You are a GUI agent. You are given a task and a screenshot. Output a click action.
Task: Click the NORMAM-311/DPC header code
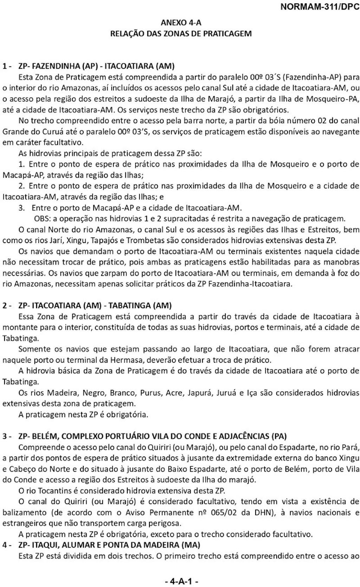click(320, 7)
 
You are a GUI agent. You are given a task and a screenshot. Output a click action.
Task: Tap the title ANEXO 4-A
click(181, 23)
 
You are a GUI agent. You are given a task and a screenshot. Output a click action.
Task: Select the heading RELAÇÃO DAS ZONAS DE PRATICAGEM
click(181, 34)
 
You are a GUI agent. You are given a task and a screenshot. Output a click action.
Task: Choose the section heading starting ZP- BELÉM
click(152, 436)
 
